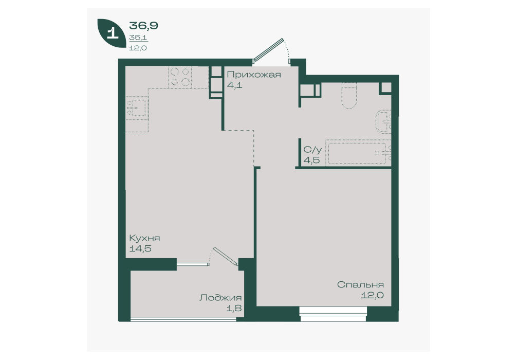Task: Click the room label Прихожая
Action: tap(253, 75)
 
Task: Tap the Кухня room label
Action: tap(144, 238)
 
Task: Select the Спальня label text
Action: tap(360, 285)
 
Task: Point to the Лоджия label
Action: tap(220, 298)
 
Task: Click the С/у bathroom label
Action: tap(312, 150)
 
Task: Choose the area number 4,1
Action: tap(234, 85)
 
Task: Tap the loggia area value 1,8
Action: tap(234, 309)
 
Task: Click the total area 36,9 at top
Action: tap(143, 25)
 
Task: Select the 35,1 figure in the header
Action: tap(138, 38)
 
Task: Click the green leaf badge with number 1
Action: tap(112, 33)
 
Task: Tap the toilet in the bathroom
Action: tap(349, 95)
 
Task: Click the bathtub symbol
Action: tap(357, 152)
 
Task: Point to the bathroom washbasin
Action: tap(384, 122)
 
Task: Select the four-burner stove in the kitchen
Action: tap(180, 77)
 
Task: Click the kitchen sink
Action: tap(137, 108)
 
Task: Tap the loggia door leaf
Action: tap(226, 256)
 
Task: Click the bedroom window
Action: tap(334, 314)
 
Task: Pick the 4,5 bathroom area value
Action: tap(311, 160)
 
